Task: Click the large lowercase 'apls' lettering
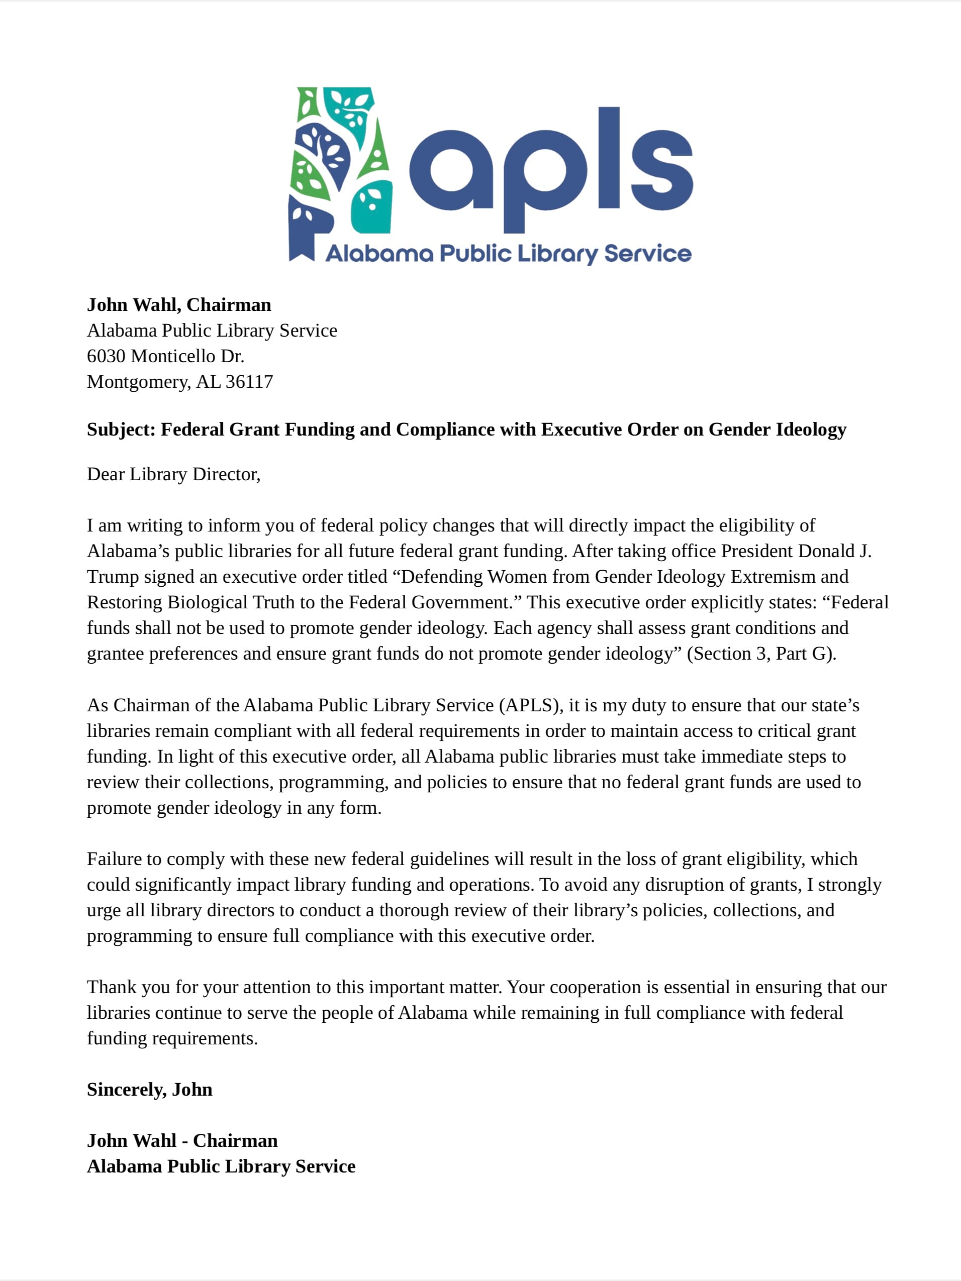550,168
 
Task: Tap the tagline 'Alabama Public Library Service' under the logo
508,254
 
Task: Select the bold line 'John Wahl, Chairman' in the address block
179,304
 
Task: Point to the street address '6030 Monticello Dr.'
166,356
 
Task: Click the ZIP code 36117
249,382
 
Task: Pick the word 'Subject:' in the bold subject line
121,429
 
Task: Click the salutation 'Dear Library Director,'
174,474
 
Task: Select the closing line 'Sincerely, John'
149,1089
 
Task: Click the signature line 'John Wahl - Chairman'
182,1140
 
